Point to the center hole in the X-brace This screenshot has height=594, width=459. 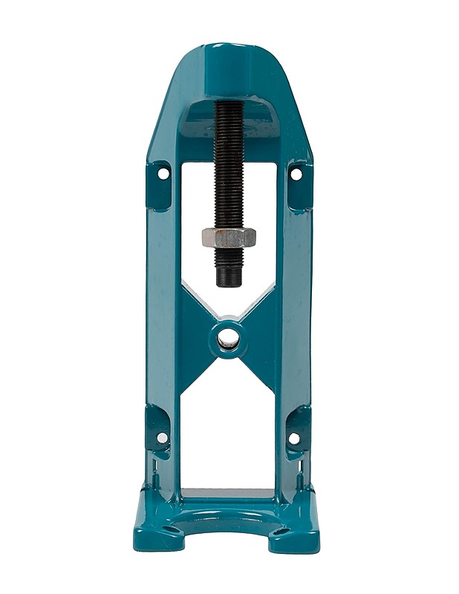[228, 337]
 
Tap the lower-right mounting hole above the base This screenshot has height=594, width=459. [294, 437]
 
